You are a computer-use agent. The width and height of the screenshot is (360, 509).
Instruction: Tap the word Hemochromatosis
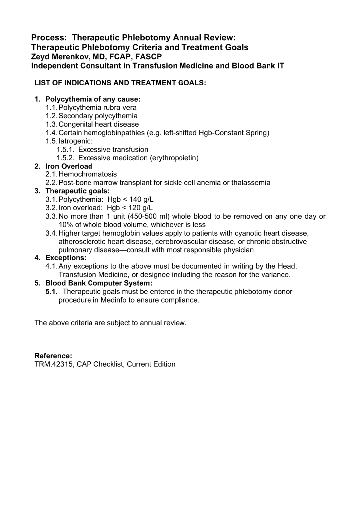pyautogui.click(x=88, y=174)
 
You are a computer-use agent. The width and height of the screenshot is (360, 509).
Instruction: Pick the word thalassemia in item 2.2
pyautogui.click(x=250, y=183)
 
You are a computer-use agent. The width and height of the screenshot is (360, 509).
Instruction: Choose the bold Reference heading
pyautogui.click(x=53, y=356)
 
